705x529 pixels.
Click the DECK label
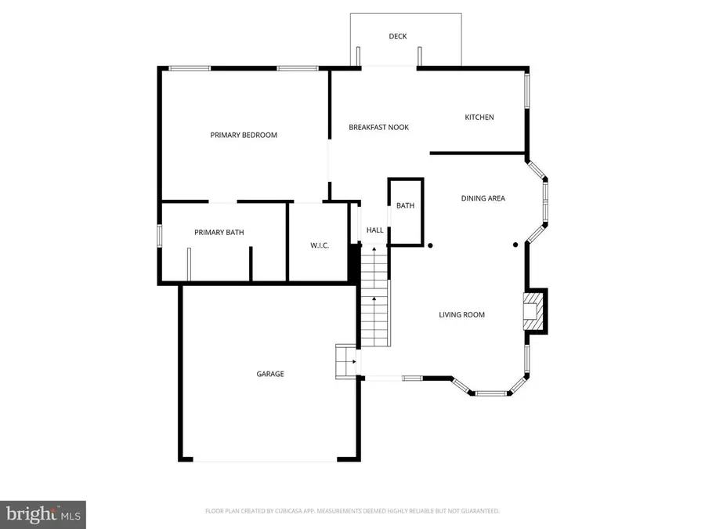pyautogui.click(x=398, y=36)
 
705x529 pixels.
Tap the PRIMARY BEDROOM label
pyautogui.click(x=244, y=135)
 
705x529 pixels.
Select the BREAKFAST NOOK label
pyautogui.click(x=378, y=127)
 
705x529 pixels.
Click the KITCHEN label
pyautogui.click(x=479, y=117)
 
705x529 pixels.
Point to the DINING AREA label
pyautogui.click(x=483, y=198)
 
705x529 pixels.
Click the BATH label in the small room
pyautogui.click(x=405, y=205)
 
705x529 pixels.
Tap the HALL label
pyautogui.click(x=375, y=230)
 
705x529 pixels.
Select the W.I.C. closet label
pyautogui.click(x=320, y=245)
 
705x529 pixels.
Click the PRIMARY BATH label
pyautogui.click(x=219, y=232)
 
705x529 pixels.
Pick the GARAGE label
pyautogui.click(x=270, y=374)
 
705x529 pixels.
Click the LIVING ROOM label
pyautogui.click(x=461, y=314)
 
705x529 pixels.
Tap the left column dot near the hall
pyautogui.click(x=430, y=245)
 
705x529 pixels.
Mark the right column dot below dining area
pyautogui.click(x=515, y=245)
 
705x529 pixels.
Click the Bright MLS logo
pyautogui.click(x=43, y=514)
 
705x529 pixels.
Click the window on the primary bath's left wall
pyautogui.click(x=159, y=236)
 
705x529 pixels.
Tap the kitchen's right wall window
pyautogui.click(x=527, y=92)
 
